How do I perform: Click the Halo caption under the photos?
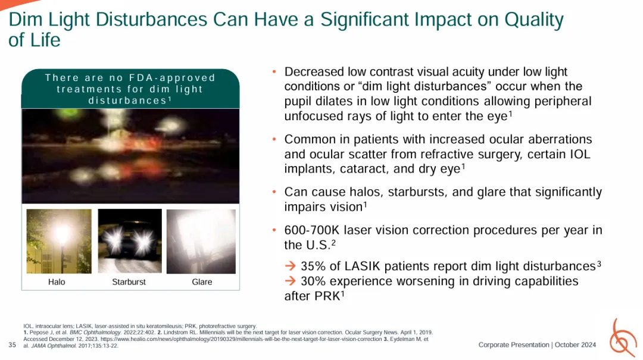tap(57, 281)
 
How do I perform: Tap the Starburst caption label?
tap(129, 281)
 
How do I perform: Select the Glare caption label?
tap(202, 281)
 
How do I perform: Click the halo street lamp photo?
tap(59, 241)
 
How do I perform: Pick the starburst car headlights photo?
tap(130, 241)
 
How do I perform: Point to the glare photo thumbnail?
tap(201, 241)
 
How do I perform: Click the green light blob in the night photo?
tap(66, 114)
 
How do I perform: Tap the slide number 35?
tap(13, 345)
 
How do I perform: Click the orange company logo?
tap(623, 338)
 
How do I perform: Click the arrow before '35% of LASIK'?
tap(291, 266)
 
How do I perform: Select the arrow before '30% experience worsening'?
tap(291, 281)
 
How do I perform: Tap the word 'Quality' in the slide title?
tap(534, 20)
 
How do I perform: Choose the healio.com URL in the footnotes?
tap(241, 339)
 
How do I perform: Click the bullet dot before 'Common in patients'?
tap(274, 139)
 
